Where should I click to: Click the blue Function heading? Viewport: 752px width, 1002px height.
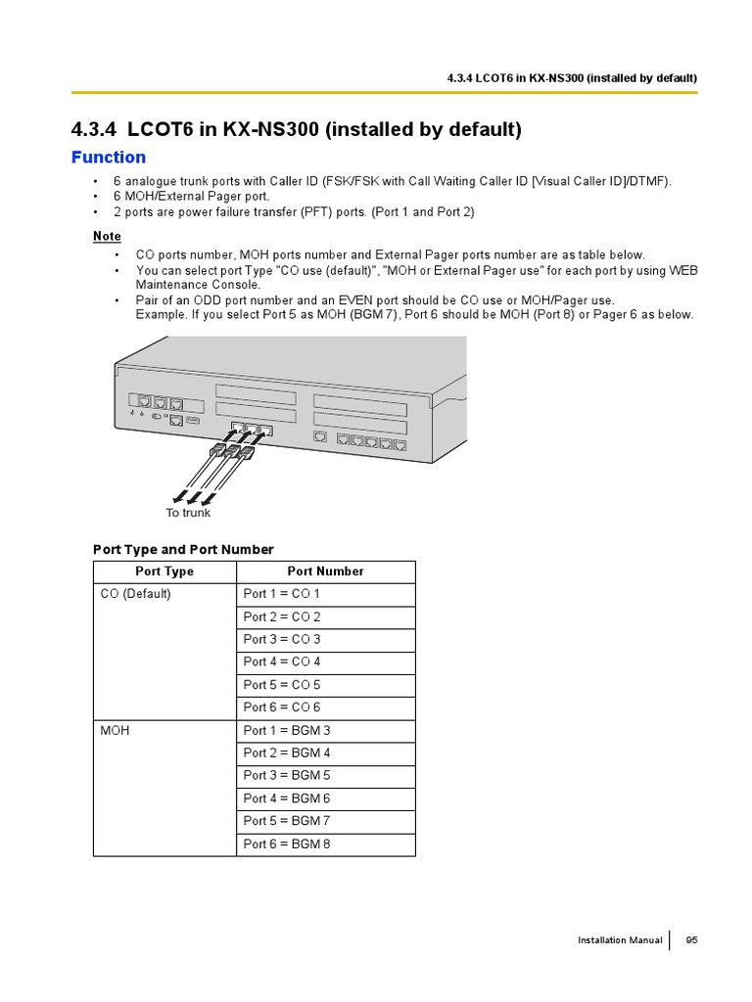pyautogui.click(x=109, y=158)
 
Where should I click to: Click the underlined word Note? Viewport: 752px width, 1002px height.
pyautogui.click(x=107, y=236)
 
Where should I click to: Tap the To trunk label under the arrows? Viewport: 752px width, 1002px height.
pyautogui.click(x=188, y=513)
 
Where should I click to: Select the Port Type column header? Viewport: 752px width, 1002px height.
pyautogui.click(x=164, y=571)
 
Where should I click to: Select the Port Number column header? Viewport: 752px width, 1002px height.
pyautogui.click(x=325, y=571)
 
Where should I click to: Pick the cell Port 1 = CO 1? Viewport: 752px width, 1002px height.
pyautogui.click(x=282, y=594)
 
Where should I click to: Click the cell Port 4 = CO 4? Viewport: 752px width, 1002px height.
pyautogui.click(x=282, y=662)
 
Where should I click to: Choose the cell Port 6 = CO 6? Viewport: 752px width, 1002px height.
pyautogui.click(x=282, y=707)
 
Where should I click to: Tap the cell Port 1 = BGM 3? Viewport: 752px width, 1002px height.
pyautogui.click(x=287, y=731)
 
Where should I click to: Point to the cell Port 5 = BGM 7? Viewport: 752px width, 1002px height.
pyautogui.click(x=287, y=821)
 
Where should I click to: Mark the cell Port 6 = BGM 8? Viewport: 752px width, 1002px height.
pyautogui.click(x=287, y=843)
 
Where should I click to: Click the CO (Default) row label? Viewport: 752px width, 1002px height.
pyautogui.click(x=135, y=594)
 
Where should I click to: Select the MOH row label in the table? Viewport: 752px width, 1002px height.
pyautogui.click(x=115, y=731)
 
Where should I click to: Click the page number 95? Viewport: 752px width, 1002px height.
pyautogui.click(x=691, y=940)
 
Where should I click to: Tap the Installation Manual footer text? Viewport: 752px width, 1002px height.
pyautogui.click(x=620, y=940)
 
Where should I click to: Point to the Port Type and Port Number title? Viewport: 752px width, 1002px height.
pyautogui.click(x=183, y=549)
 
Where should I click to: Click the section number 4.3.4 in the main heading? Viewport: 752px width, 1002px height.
pyautogui.click(x=94, y=129)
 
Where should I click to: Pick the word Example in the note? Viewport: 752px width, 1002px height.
pyautogui.click(x=160, y=314)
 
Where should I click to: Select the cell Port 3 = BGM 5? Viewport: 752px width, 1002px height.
pyautogui.click(x=287, y=776)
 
